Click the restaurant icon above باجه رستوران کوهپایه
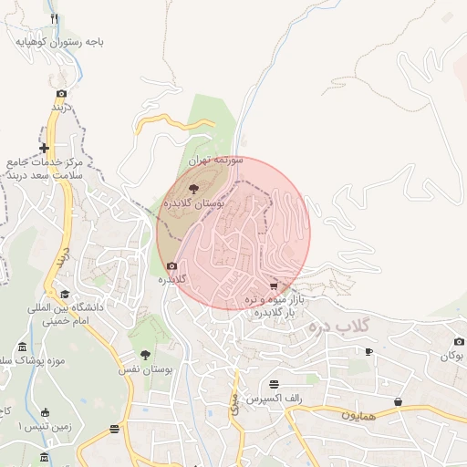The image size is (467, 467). coord(55,19)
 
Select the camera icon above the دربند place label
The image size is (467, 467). coord(61,93)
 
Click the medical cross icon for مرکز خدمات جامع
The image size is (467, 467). coord(44,148)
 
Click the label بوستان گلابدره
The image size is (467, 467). coord(193,205)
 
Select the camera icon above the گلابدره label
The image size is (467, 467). coord(171,266)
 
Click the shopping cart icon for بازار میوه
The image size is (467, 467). coord(274,286)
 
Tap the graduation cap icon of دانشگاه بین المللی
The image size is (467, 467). coord(64,295)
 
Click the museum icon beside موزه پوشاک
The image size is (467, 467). coord(22,348)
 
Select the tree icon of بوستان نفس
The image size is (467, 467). coord(145,355)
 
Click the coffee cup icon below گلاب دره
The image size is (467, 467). coord(368,351)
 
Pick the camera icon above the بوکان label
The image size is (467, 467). coord(458,342)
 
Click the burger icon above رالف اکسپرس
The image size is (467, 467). coord(275,383)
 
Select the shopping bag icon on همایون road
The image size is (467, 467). coord(398,401)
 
